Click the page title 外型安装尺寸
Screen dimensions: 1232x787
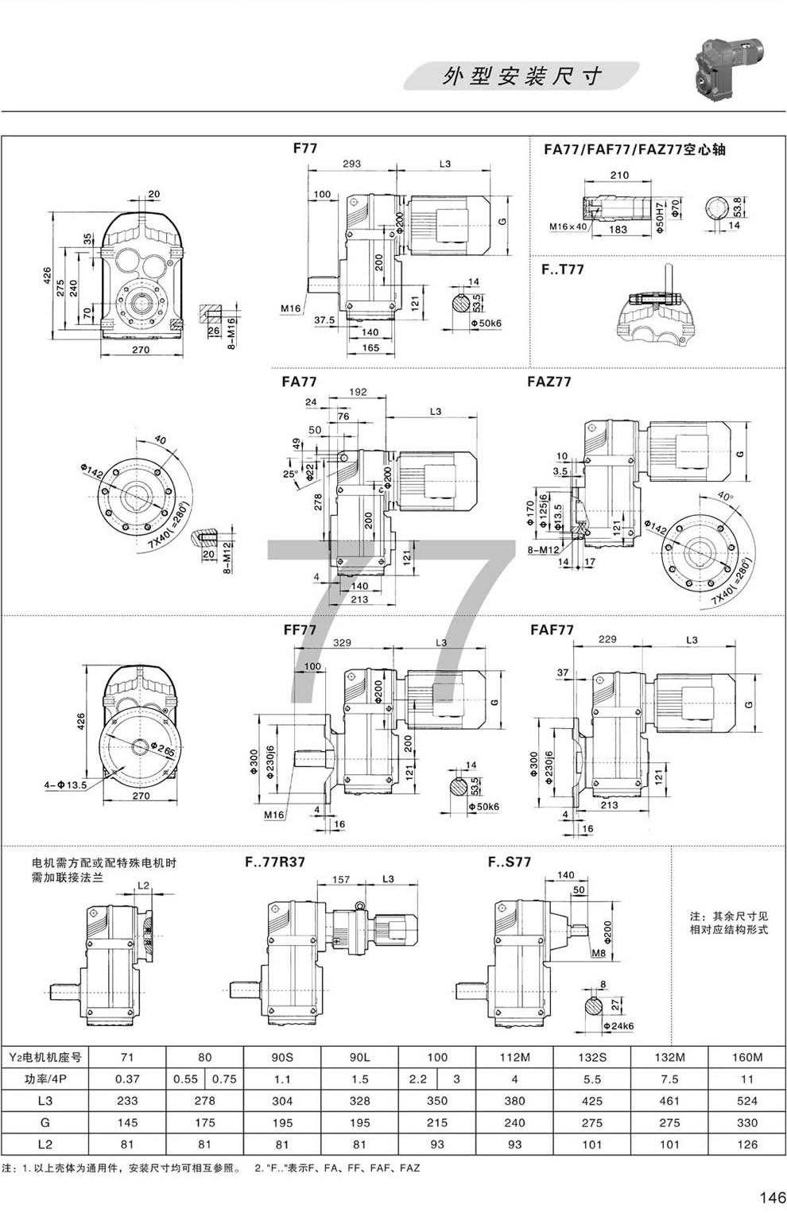(521, 76)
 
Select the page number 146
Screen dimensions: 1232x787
(772, 1198)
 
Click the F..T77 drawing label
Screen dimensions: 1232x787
(563, 269)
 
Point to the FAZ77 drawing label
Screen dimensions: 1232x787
(549, 382)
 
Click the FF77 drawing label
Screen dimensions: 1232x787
(300, 630)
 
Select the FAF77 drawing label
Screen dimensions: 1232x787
(552, 630)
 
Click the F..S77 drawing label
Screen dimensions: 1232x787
(510, 862)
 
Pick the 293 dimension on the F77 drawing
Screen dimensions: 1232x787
(351, 164)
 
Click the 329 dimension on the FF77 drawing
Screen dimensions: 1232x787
(343, 642)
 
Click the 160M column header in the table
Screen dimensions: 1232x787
(746, 1057)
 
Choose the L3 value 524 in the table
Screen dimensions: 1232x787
(746, 1101)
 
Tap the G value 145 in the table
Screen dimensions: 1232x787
(127, 1123)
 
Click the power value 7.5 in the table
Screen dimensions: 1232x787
(669, 1079)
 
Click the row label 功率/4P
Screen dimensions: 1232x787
(45, 1079)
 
